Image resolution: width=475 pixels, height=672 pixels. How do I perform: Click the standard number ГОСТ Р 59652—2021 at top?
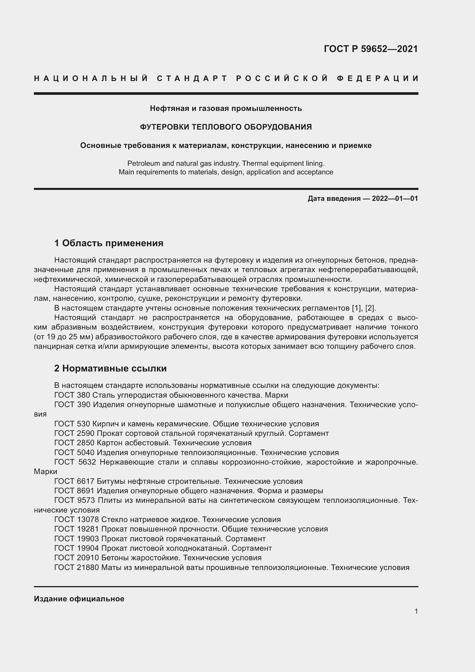coord(370,49)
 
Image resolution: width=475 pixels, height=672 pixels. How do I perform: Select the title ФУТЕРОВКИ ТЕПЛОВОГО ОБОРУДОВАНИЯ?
coord(225,127)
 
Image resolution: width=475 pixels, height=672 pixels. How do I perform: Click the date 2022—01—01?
coord(395,199)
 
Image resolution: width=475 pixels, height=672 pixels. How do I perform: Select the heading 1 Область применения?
coord(109,243)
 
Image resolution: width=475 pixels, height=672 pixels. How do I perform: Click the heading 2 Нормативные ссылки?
coord(110,368)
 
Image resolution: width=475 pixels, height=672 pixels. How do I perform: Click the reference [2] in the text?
coord(370,308)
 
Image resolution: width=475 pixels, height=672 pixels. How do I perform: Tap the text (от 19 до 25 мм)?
coord(63,337)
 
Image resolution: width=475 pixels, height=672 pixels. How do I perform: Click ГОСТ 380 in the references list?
coord(72,395)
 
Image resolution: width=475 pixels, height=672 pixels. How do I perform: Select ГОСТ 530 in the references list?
coord(72,424)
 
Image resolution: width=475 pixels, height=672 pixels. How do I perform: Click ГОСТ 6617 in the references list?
coord(74,481)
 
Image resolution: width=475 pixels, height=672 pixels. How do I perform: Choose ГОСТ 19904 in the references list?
coord(76,548)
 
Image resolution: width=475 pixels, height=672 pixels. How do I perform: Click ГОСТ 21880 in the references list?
coord(76,567)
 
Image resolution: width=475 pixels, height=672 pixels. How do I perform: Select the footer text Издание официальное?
coord(79,598)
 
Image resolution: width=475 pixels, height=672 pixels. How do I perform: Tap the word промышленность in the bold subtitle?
coord(267,108)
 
